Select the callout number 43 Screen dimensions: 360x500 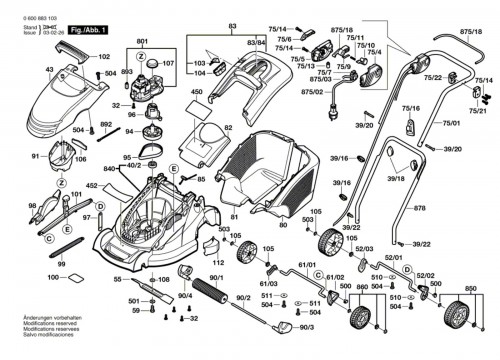click(x=49, y=69)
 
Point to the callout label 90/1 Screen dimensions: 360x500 click(x=217, y=276)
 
